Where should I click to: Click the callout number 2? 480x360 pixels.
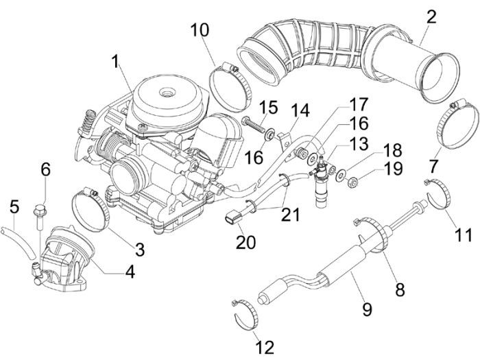tap(431, 17)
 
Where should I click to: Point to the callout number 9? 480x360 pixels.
tap(367, 309)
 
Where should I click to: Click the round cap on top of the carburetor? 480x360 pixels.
tap(165, 96)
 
